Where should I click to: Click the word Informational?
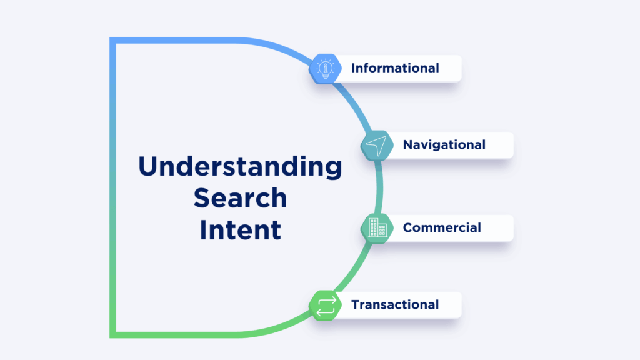pyautogui.click(x=395, y=68)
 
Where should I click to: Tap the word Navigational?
pyautogui.click(x=444, y=145)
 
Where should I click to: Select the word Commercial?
pyautogui.click(x=442, y=227)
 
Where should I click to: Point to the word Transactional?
pyautogui.click(x=395, y=305)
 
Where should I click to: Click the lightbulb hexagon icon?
pyautogui.click(x=325, y=68)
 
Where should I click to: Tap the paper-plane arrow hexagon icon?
pyautogui.click(x=377, y=145)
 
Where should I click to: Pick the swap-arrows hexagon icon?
pyautogui.click(x=325, y=305)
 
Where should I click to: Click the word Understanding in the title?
pyautogui.click(x=240, y=167)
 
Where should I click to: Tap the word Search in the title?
pyautogui.click(x=240, y=198)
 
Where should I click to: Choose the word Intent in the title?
pyautogui.click(x=240, y=229)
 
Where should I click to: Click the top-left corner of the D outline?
pyautogui.click(x=113, y=41)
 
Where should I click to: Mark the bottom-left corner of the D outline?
pyautogui.click(x=113, y=334)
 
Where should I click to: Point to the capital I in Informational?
pyautogui.click(x=353, y=68)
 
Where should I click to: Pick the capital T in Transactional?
pyautogui.click(x=355, y=305)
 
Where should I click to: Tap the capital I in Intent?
pyautogui.click(x=202, y=229)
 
